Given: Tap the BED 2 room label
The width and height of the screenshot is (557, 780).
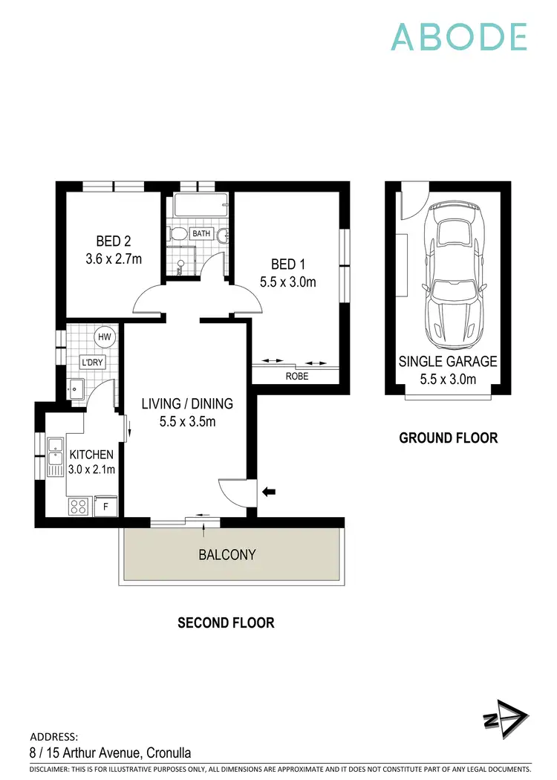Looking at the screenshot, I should coord(114,241).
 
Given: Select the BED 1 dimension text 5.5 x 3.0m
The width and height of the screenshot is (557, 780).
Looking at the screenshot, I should coord(288,282).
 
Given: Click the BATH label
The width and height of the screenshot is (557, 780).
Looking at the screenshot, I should coord(202,233).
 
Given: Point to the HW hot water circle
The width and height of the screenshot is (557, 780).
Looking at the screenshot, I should coord(104,337).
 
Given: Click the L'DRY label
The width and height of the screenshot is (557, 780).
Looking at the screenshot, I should coord(92,363).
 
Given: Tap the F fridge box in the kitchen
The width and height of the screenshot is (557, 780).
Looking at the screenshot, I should coord(106,507).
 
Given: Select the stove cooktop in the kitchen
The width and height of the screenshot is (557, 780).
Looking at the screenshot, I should coord(79,507).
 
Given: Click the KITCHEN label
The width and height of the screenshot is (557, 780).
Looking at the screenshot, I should coord(91,455).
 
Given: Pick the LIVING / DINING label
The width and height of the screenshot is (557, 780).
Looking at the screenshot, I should coord(187,404).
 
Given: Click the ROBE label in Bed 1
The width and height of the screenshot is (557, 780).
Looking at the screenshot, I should coord(297,377).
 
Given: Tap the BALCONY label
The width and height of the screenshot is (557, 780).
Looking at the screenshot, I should coord(227,555).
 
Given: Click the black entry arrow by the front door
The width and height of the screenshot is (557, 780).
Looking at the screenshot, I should coord(269,491).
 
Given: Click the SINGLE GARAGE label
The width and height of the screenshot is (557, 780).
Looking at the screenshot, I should coord(448,362).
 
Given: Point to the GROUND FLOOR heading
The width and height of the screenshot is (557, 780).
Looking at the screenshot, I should coord(449,438).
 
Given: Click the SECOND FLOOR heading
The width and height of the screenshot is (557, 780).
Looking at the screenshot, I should coord(226,623).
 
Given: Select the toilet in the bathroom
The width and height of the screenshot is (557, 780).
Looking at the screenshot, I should coord(178,235).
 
